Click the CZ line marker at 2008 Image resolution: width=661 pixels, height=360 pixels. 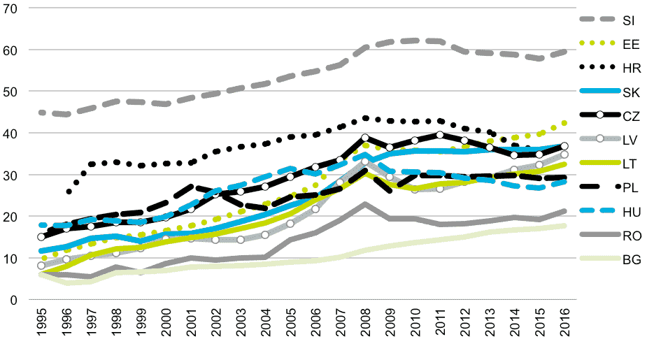(365, 138)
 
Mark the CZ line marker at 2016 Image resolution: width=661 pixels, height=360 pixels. (564, 146)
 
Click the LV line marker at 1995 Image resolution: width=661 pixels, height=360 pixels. (42, 266)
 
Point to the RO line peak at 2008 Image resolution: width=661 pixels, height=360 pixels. (365, 204)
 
